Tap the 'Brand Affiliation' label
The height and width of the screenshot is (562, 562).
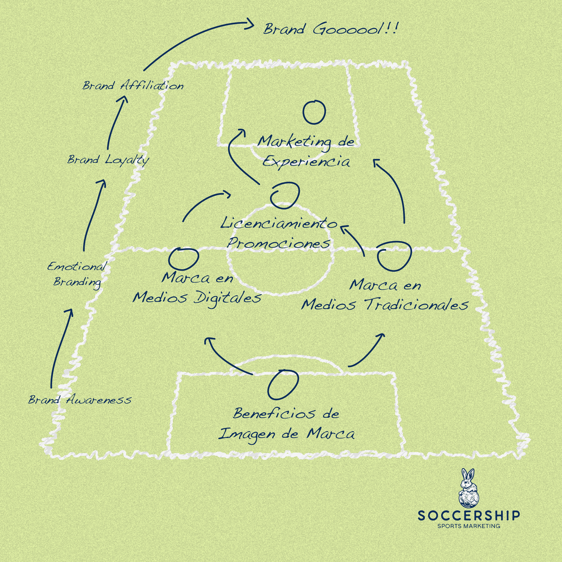[133, 85]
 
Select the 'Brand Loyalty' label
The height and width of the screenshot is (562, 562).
[108, 160]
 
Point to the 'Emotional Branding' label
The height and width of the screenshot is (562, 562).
[77, 274]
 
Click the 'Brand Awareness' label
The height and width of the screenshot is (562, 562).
[80, 400]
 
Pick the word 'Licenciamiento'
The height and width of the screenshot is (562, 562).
[279, 224]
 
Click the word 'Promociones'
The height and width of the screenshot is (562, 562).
[279, 243]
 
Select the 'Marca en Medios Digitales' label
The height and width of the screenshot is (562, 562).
[197, 288]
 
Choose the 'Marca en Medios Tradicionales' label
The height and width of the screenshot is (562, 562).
[385, 295]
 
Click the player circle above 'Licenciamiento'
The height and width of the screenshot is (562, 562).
[285, 195]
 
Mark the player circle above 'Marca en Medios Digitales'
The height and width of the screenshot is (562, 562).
[184, 259]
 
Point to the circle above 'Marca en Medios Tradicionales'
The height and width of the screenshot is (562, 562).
[394, 256]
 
